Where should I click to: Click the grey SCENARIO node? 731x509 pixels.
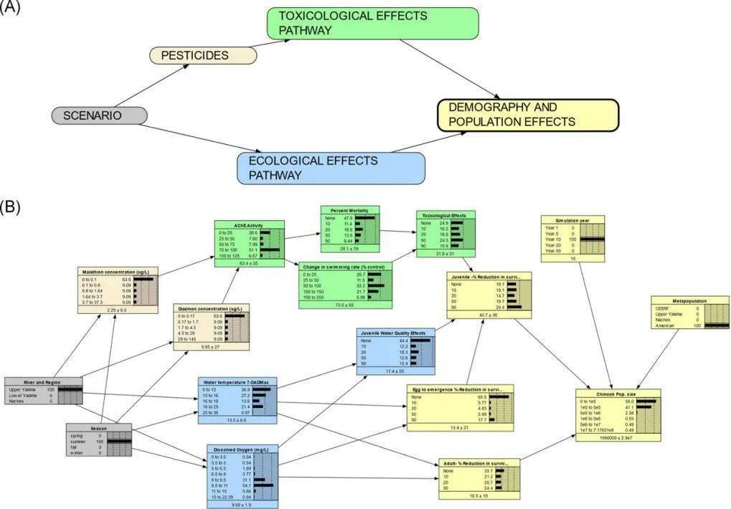100,115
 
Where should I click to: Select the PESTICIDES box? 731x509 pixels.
204,55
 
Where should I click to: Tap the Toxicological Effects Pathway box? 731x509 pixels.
372,23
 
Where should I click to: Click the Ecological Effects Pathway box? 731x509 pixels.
331,167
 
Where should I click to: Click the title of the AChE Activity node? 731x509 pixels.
244,224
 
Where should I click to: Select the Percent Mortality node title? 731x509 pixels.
349,210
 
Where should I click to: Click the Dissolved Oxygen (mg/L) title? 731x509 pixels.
241,449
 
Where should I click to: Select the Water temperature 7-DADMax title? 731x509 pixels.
237,381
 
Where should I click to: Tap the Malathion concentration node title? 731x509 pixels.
116,272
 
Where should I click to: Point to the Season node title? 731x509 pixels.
99,427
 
